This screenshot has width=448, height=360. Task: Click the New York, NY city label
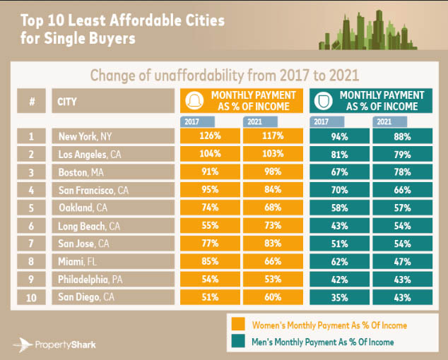tap(84, 136)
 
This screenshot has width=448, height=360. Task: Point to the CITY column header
tap(68, 101)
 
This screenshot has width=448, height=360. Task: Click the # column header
tap(32, 101)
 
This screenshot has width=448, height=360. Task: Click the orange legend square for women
tap(239, 325)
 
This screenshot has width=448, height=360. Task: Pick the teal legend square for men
tap(239, 342)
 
